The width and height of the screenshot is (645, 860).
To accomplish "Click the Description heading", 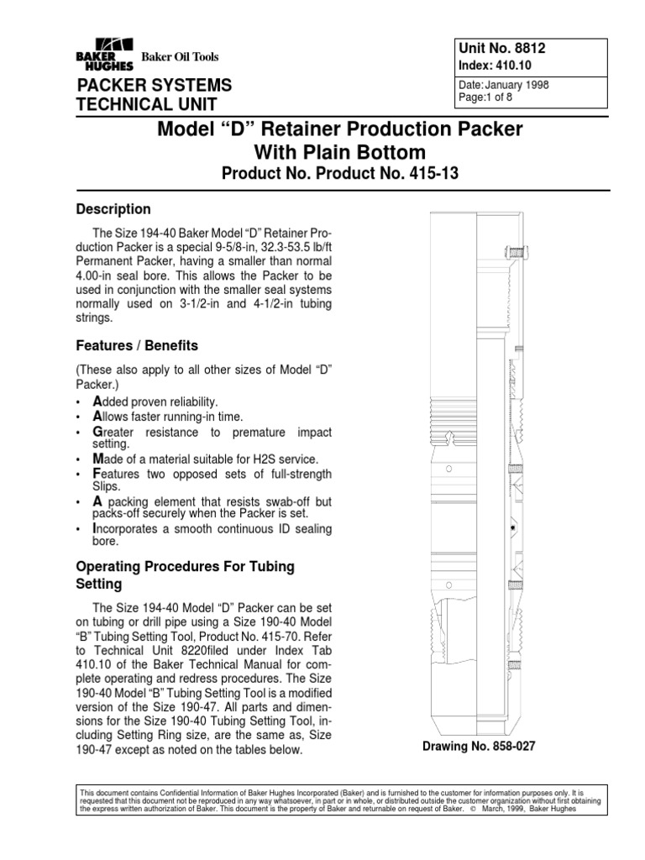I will pyautogui.click(x=113, y=209).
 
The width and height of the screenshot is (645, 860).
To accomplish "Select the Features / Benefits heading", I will pyautogui.click(x=138, y=345).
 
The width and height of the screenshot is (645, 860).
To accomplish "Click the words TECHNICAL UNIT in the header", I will pyautogui.click(x=147, y=104).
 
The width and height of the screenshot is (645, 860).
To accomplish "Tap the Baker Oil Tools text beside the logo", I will pyautogui.click(x=179, y=57).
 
